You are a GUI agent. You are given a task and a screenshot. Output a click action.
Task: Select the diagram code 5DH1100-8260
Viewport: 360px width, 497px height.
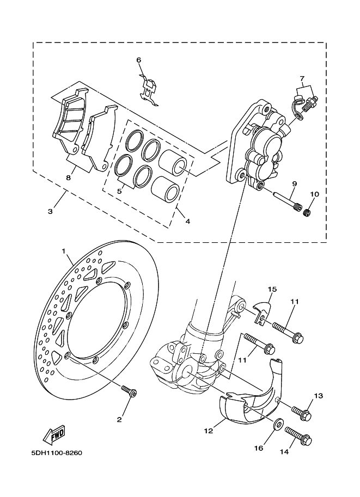tap(57, 453)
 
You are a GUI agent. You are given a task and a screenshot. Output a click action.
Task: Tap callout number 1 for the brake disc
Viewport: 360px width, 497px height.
tap(63, 251)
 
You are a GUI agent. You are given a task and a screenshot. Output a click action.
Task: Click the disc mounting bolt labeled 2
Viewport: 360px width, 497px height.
tap(130, 390)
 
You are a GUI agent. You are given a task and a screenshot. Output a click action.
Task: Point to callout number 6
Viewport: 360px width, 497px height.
tap(138, 60)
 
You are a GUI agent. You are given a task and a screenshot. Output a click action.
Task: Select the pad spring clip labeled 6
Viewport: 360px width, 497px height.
tap(149, 89)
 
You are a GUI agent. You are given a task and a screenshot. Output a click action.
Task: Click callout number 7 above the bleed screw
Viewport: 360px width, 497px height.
tap(302, 78)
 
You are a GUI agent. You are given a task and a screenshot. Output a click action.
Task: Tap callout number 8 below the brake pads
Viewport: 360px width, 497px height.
tap(68, 178)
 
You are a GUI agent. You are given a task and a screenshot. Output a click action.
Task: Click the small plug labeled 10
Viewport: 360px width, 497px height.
tap(308, 212)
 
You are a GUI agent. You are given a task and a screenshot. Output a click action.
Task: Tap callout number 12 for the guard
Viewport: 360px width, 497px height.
tap(209, 431)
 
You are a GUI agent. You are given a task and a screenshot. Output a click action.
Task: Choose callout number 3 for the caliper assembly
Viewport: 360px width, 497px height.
tap(50, 211)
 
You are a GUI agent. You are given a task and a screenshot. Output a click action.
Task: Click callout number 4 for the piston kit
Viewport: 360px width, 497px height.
tap(188, 221)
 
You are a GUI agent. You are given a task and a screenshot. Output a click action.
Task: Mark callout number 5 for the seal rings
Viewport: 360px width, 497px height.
tap(119, 191)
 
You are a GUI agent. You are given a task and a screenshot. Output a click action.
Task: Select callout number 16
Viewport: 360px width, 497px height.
tap(259, 447)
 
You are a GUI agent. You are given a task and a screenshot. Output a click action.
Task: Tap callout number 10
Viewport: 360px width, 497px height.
tap(315, 194)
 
